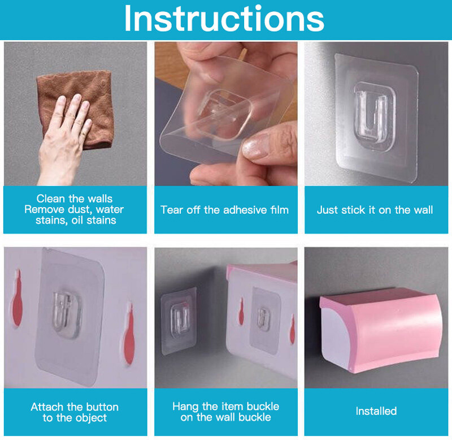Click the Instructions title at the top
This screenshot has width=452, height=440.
pyautogui.click(x=224, y=19)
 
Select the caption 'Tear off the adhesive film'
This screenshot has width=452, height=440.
pyautogui.click(x=224, y=210)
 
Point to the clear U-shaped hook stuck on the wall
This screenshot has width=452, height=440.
pyautogui.click(x=374, y=116)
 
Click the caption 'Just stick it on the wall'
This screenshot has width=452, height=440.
pyautogui.click(x=375, y=210)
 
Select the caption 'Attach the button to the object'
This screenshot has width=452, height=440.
pyautogui.click(x=75, y=412)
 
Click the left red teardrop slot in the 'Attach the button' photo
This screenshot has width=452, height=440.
pyautogui.click(x=18, y=299)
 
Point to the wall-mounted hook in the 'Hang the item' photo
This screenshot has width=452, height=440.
pyautogui.click(x=179, y=318)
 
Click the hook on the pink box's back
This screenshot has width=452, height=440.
pyautogui.click(x=263, y=318)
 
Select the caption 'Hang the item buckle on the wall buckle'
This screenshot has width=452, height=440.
pyautogui.click(x=225, y=412)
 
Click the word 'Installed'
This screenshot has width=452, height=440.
pyautogui.click(x=376, y=411)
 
